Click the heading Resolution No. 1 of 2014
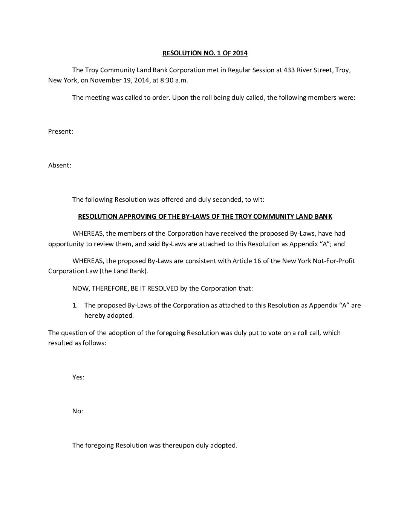click(205, 53)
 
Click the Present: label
click(60, 131)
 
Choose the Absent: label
click(60, 165)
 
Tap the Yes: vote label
click(78, 377)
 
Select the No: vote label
click(77, 411)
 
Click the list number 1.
click(75, 305)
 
